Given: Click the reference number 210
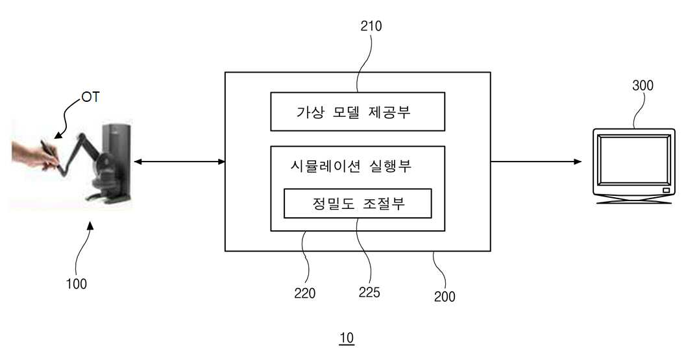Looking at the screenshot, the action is [x=371, y=26].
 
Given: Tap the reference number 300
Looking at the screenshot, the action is [x=643, y=86].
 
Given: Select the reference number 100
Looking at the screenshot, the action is [x=76, y=284].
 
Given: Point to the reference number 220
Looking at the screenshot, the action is [x=304, y=293].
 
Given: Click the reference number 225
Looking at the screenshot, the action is [x=369, y=292].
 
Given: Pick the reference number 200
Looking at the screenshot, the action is [x=445, y=296].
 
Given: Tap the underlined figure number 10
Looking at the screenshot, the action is [x=346, y=338].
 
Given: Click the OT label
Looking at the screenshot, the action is [x=90, y=97].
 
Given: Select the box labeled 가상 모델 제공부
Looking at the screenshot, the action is [x=358, y=112].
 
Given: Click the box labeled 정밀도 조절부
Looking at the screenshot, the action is [x=358, y=204].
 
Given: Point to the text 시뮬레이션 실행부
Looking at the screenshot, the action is [x=351, y=166].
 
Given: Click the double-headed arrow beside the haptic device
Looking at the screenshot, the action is [x=179, y=162].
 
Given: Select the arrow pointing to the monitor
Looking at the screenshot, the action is [x=536, y=162].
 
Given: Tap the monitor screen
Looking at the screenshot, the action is [x=633, y=160].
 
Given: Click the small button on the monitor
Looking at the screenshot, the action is [x=666, y=190].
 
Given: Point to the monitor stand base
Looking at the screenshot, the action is [x=633, y=200].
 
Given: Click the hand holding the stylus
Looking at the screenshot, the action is [x=34, y=155].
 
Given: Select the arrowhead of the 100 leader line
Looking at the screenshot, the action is [x=91, y=226].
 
